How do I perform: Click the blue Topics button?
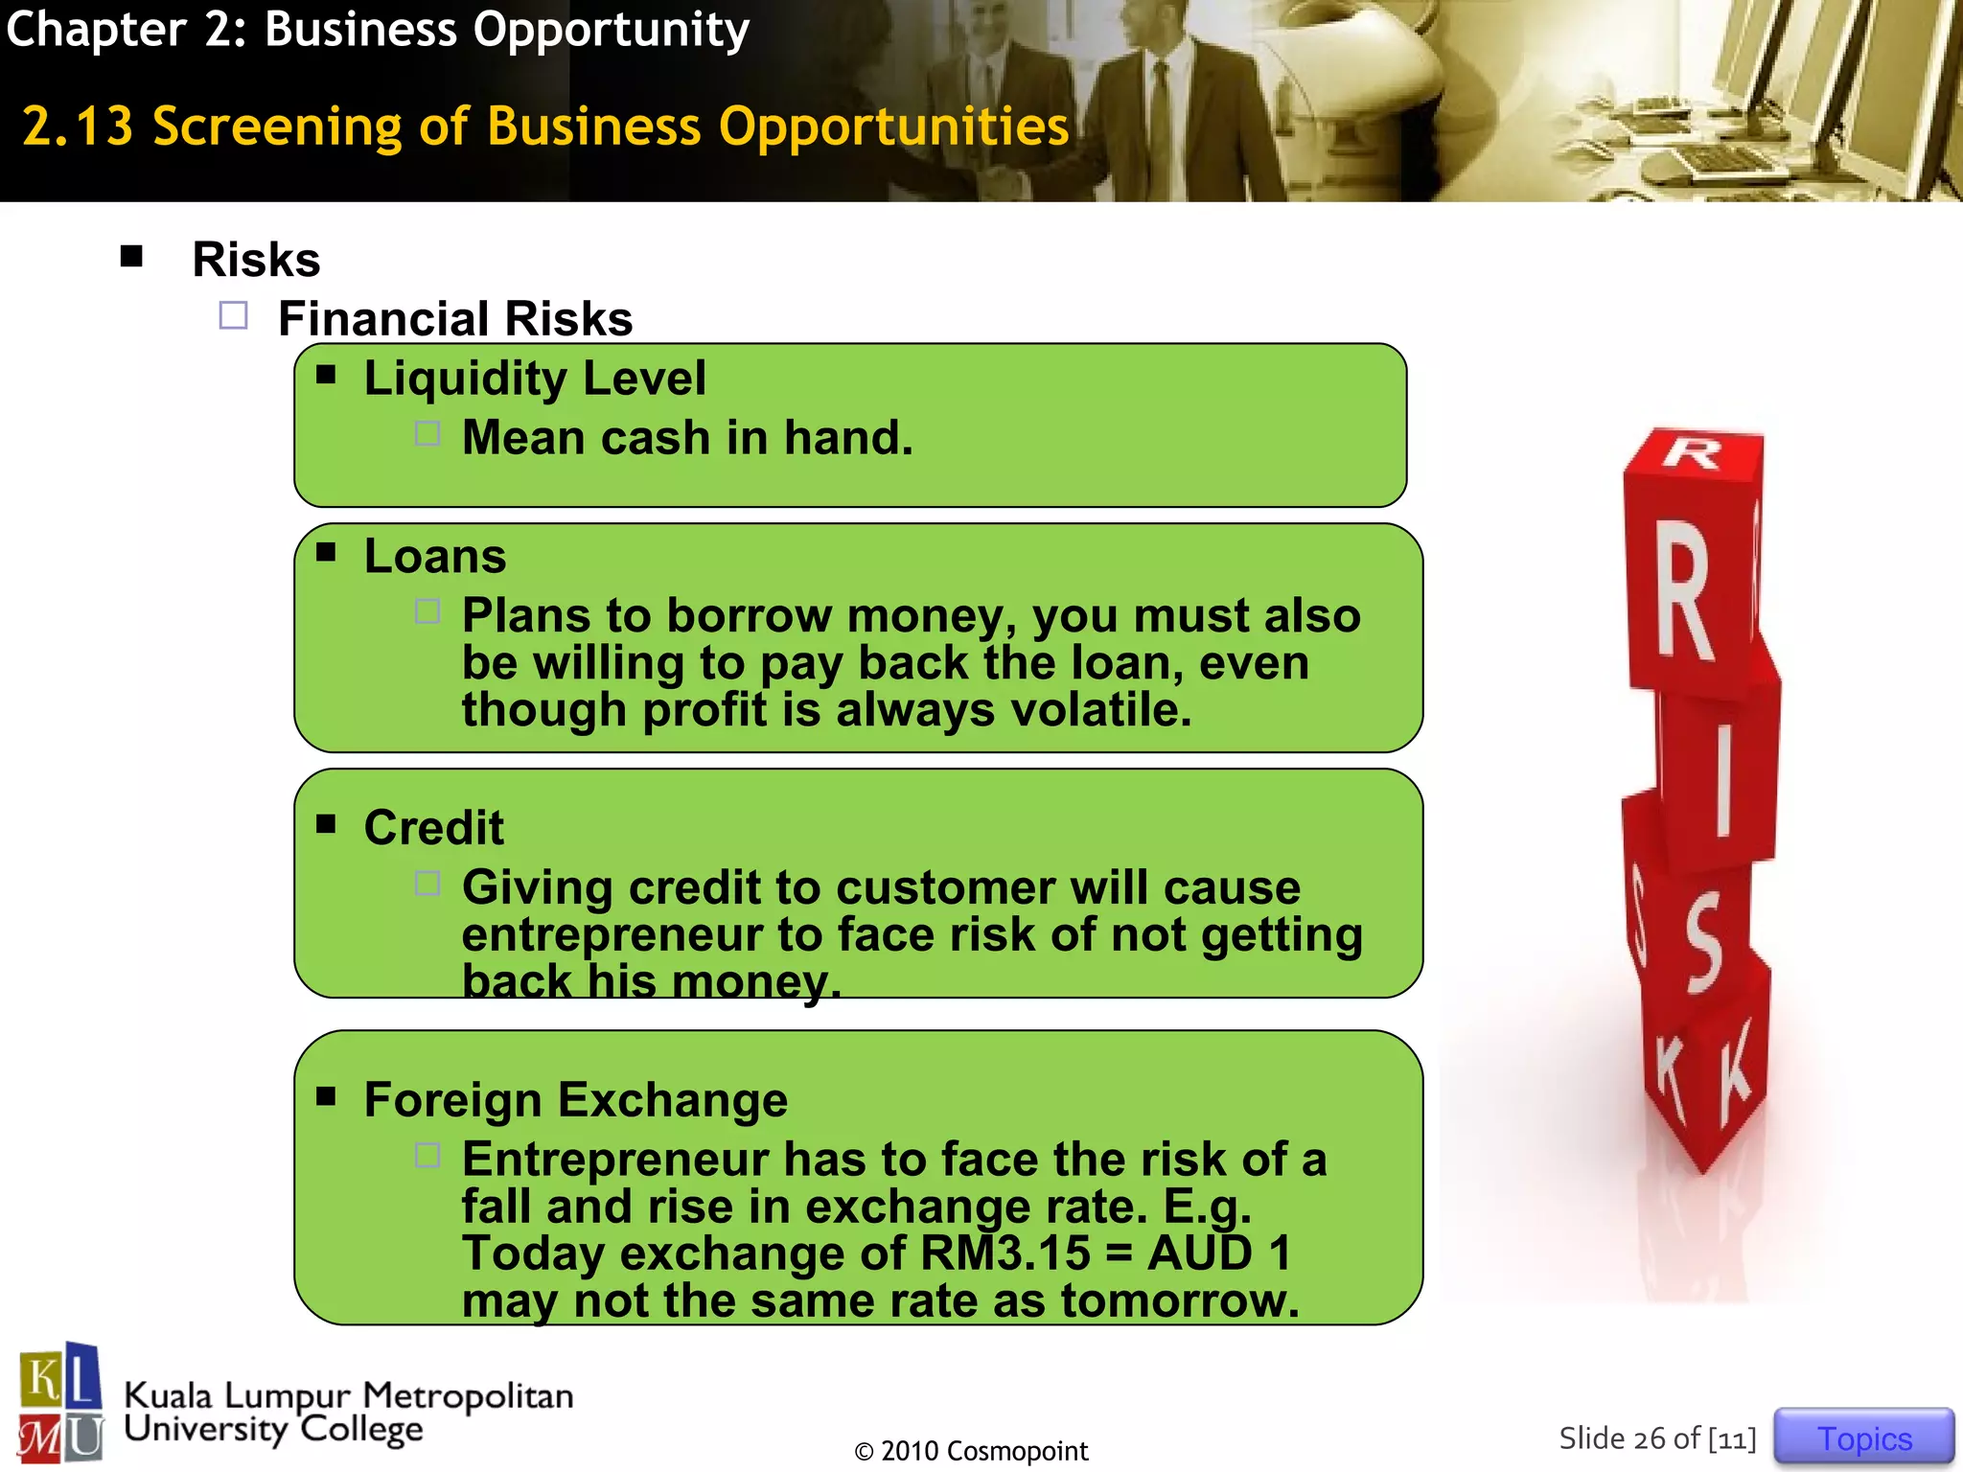[x=1863, y=1437]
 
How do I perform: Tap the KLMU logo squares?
[x=60, y=1403]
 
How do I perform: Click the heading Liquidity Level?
[x=534, y=378]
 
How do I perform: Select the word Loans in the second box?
[x=435, y=557]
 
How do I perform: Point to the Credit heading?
[x=433, y=828]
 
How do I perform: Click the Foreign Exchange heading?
[x=575, y=1100]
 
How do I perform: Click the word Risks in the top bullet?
[x=256, y=260]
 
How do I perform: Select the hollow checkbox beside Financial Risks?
[x=233, y=316]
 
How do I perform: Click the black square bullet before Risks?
[x=131, y=256]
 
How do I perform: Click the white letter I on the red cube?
[x=1723, y=781]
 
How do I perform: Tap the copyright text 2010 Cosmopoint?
[x=971, y=1451]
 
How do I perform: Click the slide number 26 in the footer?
[x=1649, y=1438]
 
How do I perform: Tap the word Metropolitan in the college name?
[x=468, y=1396]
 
